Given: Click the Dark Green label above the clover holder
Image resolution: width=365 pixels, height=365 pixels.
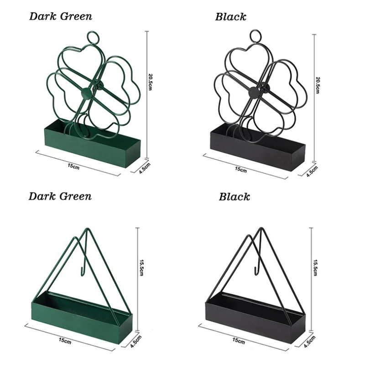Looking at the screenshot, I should coord(61,16).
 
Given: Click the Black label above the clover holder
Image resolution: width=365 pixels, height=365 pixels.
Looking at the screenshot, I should coord(230,17).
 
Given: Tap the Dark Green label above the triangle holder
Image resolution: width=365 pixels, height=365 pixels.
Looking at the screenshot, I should coord(60,196).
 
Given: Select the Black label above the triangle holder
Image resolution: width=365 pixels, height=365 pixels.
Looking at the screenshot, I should coord(234,197).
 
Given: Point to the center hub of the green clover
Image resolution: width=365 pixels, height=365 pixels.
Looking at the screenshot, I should coord(86,93).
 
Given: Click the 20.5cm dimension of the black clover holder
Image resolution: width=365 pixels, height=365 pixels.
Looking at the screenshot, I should coord(318,83).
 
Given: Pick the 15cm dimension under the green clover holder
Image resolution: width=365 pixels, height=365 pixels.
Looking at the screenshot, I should coord(74,166).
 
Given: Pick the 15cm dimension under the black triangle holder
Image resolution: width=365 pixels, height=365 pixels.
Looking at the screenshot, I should coord(238,340).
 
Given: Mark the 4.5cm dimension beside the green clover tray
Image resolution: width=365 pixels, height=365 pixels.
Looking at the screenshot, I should coord(145,170).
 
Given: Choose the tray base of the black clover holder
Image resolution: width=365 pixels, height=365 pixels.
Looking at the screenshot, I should coord(255,148).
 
